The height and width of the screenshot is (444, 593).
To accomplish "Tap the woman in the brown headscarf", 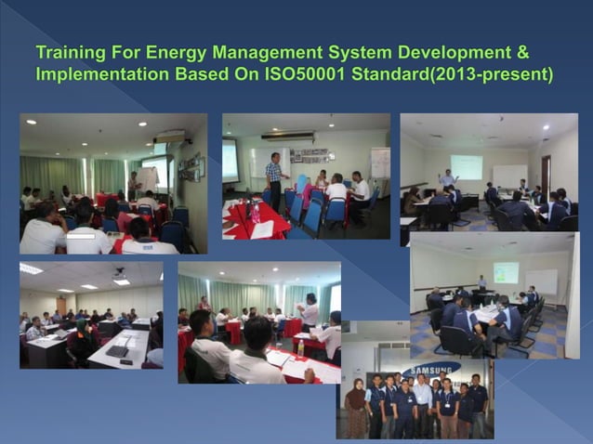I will [x=356, y=410].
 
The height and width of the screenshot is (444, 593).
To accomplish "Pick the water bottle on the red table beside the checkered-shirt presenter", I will [x=255, y=212].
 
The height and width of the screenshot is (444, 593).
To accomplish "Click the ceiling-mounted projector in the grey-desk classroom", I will [x=120, y=273].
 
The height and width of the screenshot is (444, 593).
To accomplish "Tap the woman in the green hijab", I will [x=300, y=185].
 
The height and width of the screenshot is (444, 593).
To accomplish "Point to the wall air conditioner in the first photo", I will [x=169, y=136].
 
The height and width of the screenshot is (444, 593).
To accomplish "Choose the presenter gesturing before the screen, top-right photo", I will [x=448, y=179].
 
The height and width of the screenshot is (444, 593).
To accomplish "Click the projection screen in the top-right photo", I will [x=467, y=166].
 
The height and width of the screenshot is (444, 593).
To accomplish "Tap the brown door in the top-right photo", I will [x=547, y=175].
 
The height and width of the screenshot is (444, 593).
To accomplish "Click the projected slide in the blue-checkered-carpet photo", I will [x=506, y=272].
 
